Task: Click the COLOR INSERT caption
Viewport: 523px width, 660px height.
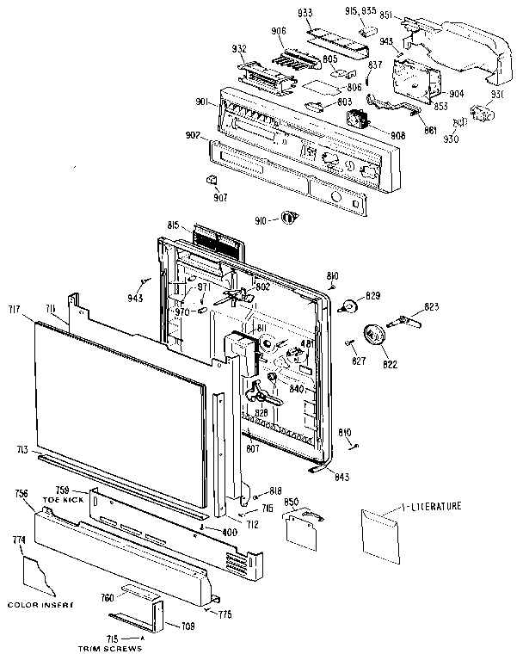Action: click(40, 605)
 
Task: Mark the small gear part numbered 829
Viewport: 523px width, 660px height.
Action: click(350, 305)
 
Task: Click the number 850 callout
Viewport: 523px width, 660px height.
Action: click(292, 503)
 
